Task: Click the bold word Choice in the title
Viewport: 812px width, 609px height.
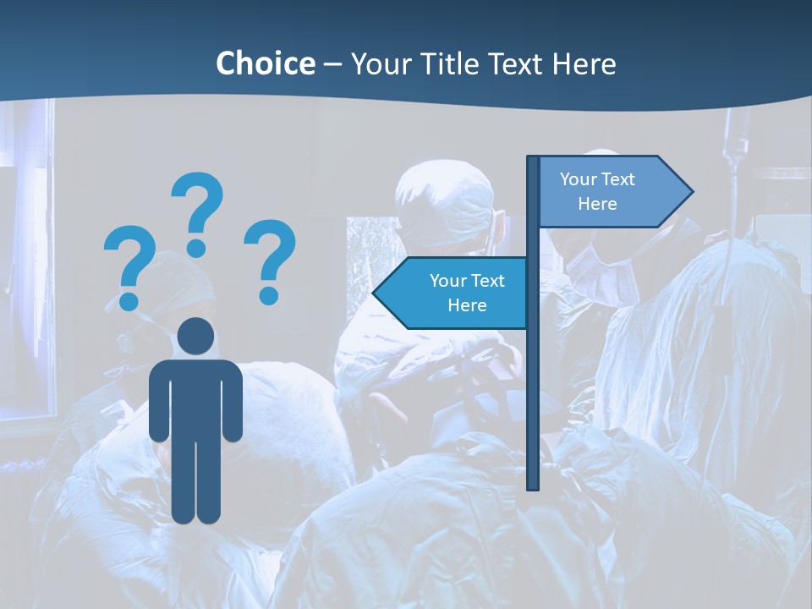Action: click(265, 63)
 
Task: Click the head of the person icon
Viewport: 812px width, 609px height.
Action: click(195, 337)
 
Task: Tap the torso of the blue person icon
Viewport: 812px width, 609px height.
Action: click(195, 398)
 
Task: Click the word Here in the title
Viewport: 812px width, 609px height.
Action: click(584, 63)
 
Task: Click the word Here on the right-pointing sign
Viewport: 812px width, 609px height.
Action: click(597, 204)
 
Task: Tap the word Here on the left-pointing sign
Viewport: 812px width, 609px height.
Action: click(467, 305)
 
